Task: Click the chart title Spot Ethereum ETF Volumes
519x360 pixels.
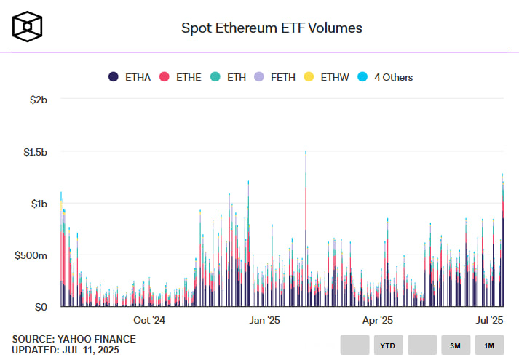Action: pos(271,28)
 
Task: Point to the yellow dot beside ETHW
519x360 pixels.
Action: pos(309,76)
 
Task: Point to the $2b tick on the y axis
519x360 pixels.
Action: pos(35,100)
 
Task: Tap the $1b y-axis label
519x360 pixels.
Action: pos(35,204)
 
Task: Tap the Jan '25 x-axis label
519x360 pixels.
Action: pos(264,320)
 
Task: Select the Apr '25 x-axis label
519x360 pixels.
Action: pos(378,320)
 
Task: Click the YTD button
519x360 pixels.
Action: pos(389,345)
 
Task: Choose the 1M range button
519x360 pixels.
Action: pos(489,345)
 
